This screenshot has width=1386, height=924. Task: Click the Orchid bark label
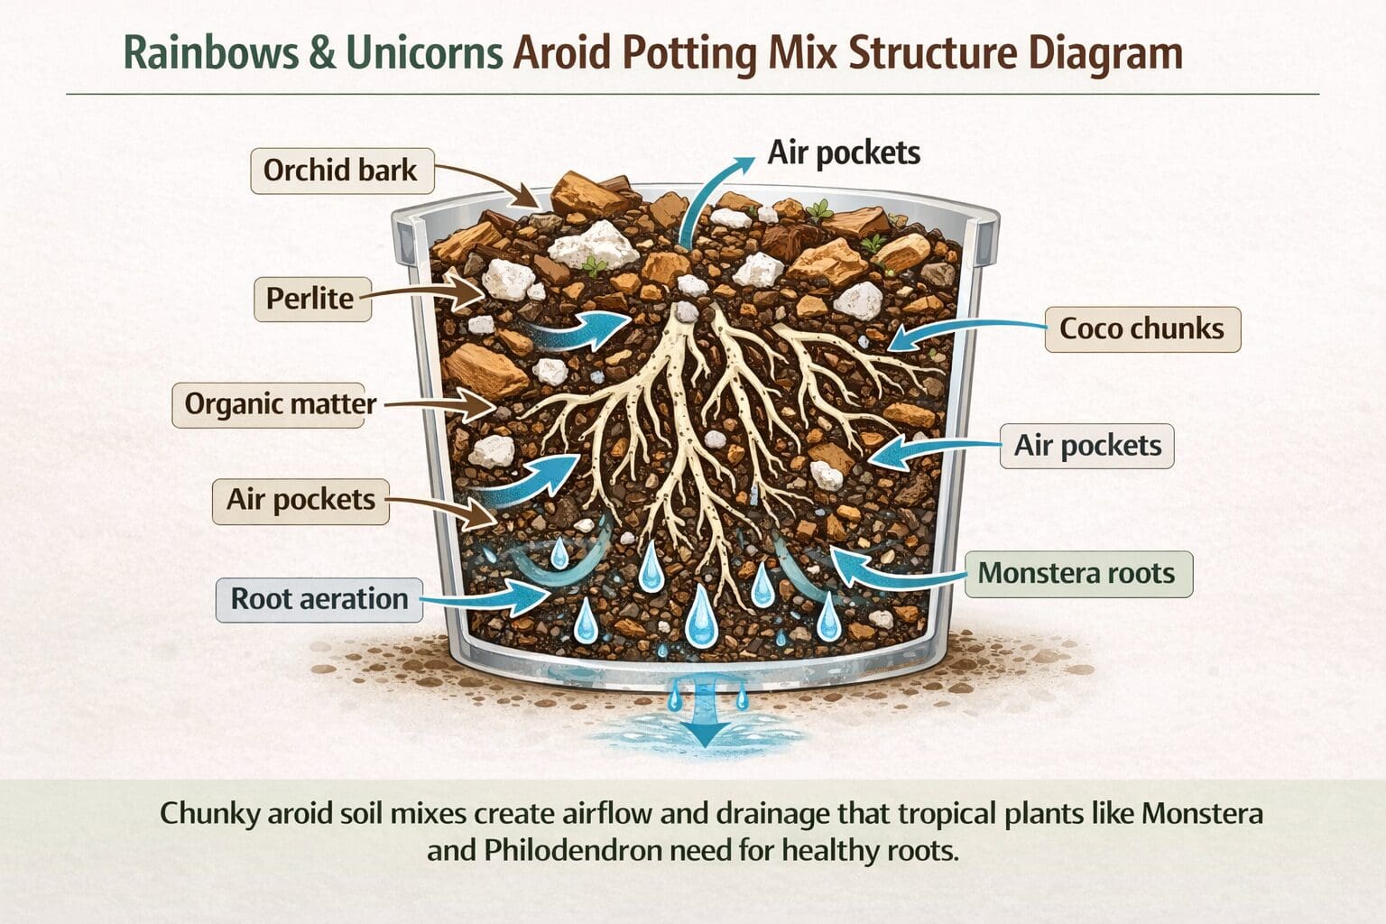click(341, 171)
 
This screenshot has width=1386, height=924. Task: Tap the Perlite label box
click(310, 299)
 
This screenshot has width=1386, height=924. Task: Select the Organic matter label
click(280, 403)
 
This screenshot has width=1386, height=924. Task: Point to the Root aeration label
click(319, 599)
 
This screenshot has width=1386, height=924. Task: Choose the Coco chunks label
click(1141, 328)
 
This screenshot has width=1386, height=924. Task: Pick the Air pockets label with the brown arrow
click(300, 500)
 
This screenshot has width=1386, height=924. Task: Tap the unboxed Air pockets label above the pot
click(844, 152)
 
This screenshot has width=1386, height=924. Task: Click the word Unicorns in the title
click(423, 53)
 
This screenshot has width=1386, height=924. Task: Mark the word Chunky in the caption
click(210, 813)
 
